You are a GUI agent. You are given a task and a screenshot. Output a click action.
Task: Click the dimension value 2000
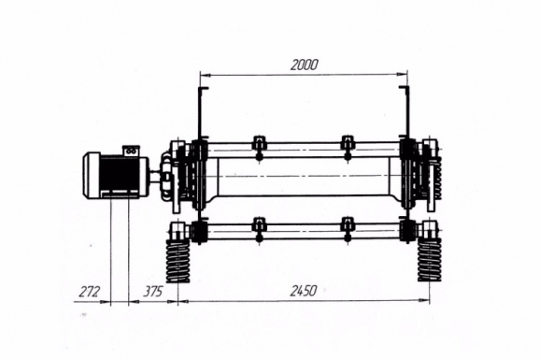(304, 65)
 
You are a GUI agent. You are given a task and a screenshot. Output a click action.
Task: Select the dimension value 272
(89, 292)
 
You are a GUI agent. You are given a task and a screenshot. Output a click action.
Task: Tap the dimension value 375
(152, 292)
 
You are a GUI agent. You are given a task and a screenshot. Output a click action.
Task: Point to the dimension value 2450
(303, 291)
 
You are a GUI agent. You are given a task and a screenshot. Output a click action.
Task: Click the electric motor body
(116, 176)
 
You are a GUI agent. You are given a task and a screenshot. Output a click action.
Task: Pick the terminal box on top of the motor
(131, 151)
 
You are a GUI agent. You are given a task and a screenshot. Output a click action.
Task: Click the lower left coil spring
(178, 261)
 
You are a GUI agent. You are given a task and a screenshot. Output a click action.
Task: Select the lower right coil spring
(430, 259)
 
